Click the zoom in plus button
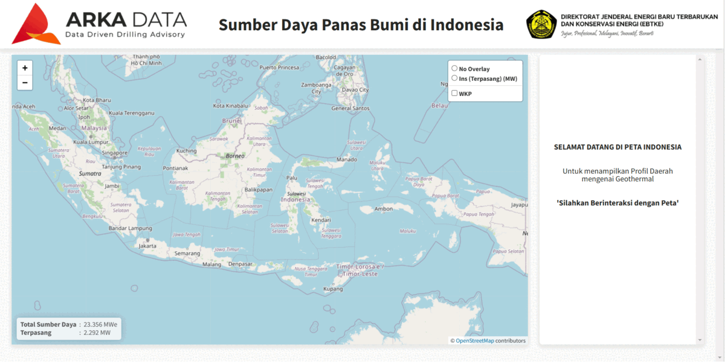25,68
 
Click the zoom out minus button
25,83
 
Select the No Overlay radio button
455,68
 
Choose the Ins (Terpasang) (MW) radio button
455,78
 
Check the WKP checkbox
455,93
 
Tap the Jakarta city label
147,246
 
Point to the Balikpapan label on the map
259,190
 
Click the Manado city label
346,160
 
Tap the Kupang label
333,289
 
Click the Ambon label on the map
384,209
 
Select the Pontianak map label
176,168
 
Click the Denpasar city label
240,264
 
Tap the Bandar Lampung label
130,228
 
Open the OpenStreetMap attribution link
474,340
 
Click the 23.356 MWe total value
100,324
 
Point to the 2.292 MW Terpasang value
97,333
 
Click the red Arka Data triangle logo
36,24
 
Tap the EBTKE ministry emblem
541,25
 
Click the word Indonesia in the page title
467,25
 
